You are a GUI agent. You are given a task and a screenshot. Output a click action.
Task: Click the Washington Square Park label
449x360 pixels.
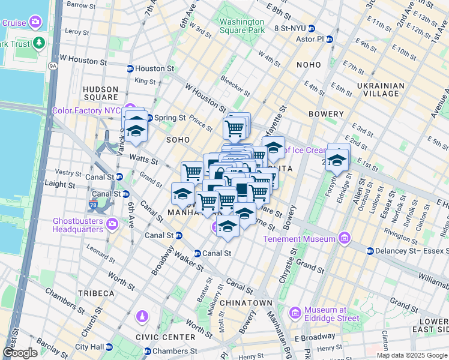[242, 25]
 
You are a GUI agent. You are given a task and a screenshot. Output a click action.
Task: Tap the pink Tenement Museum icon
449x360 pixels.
[344, 239]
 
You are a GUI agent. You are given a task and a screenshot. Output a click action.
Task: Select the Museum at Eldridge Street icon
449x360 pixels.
[295, 313]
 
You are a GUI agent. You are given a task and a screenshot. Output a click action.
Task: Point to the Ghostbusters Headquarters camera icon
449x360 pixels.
[112, 224]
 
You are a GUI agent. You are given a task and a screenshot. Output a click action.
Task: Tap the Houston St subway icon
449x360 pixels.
[130, 68]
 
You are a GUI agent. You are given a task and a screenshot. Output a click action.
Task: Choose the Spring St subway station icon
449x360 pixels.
[150, 118]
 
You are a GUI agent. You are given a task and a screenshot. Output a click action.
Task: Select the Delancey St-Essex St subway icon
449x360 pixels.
[370, 251]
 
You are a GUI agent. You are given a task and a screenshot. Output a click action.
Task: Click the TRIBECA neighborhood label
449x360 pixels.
[95, 293]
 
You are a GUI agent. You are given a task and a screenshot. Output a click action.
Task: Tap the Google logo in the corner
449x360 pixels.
[20, 353]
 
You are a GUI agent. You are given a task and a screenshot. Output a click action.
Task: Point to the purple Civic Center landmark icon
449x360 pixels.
[142, 316]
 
